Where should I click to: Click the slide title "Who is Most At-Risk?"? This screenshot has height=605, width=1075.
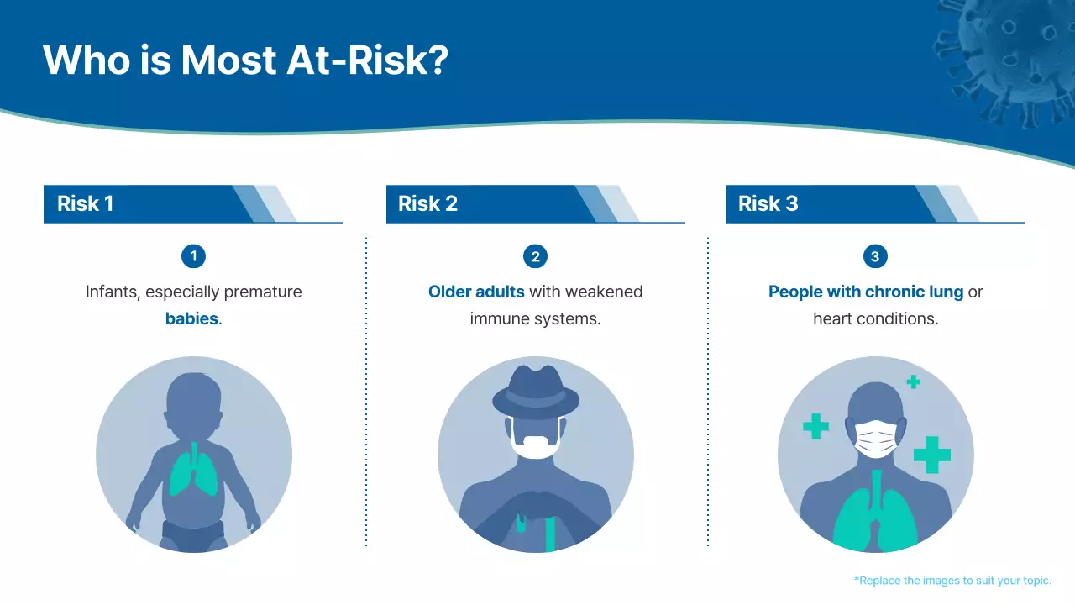click(x=245, y=60)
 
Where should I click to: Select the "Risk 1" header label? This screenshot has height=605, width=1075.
click(x=85, y=204)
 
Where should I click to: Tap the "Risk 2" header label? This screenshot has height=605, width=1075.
click(x=427, y=204)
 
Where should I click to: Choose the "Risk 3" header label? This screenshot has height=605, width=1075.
click(x=768, y=204)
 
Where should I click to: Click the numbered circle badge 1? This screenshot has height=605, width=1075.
click(x=193, y=256)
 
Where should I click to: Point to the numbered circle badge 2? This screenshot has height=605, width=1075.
click(x=535, y=256)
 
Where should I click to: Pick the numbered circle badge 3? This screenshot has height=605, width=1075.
click(x=875, y=256)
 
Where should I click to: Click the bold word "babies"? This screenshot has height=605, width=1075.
click(x=191, y=319)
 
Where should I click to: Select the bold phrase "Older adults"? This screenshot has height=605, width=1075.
click(x=476, y=292)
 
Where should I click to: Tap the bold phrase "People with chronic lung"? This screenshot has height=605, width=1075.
click(x=866, y=292)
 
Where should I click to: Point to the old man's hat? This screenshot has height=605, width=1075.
click(x=536, y=393)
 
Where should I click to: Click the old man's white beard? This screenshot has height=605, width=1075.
click(x=536, y=447)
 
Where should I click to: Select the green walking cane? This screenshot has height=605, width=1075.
click(x=550, y=530)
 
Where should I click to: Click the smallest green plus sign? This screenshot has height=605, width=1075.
click(x=914, y=381)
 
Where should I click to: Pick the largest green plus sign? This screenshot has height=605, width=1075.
click(x=931, y=455)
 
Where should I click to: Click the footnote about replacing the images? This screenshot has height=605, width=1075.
click(x=952, y=581)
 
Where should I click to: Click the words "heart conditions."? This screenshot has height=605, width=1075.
click(x=875, y=319)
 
